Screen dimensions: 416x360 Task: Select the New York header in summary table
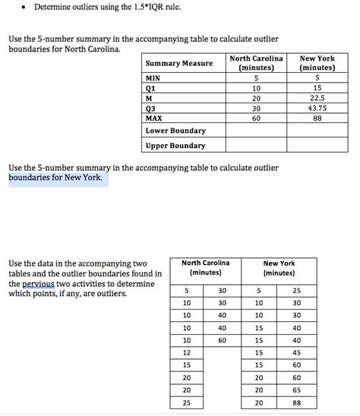pyautogui.click(x=317, y=63)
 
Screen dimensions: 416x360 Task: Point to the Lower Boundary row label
pyautogui.click(x=175, y=131)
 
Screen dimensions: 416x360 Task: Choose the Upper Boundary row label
pyautogui.click(x=175, y=146)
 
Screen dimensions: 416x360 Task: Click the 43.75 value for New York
pyautogui.click(x=317, y=108)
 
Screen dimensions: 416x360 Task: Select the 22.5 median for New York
pyautogui.click(x=317, y=98)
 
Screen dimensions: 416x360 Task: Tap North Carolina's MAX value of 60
pyautogui.click(x=256, y=118)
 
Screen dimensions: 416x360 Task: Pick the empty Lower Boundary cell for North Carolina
pyautogui.click(x=256, y=131)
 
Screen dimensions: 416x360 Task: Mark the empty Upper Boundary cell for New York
pyautogui.click(x=317, y=146)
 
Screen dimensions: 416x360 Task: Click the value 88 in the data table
pyautogui.click(x=296, y=403)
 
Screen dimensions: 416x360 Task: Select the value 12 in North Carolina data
pyautogui.click(x=186, y=352)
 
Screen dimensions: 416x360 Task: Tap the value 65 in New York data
pyautogui.click(x=296, y=390)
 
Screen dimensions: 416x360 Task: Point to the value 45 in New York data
pyautogui.click(x=296, y=352)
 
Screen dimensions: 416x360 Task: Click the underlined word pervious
pyautogui.click(x=38, y=283)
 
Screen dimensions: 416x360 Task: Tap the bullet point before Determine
pyautogui.click(x=25, y=9)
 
